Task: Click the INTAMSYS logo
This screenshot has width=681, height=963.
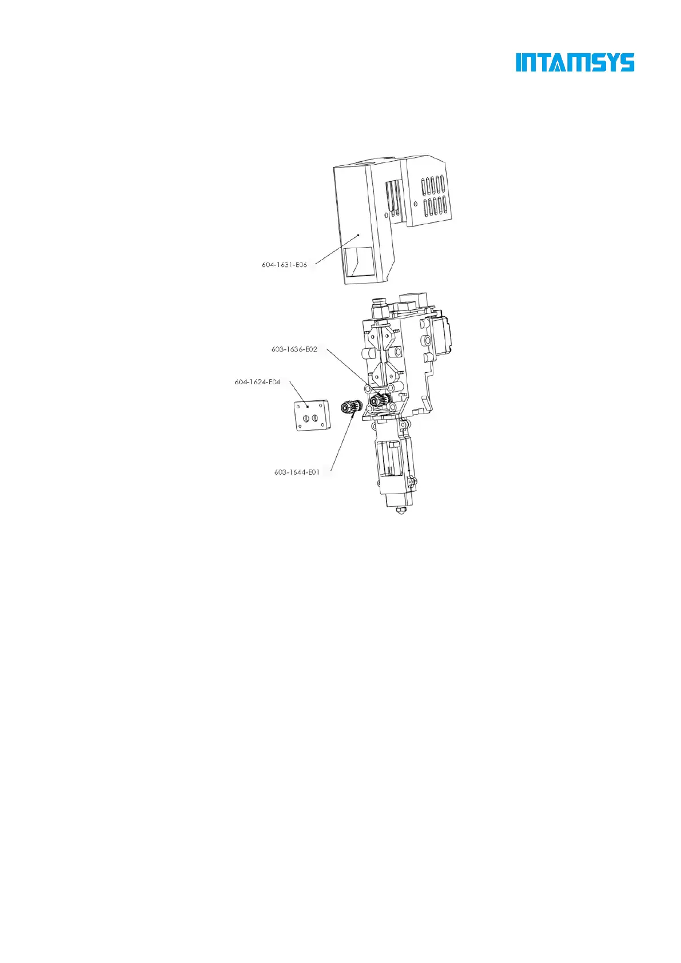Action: click(x=575, y=63)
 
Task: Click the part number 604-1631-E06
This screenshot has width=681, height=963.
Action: click(x=284, y=265)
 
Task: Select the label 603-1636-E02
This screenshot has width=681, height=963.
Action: click(x=294, y=349)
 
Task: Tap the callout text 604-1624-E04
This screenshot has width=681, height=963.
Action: click(x=257, y=381)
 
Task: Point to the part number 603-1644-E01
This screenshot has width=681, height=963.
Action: click(x=297, y=472)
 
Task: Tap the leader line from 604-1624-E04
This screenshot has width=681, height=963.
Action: click(x=298, y=394)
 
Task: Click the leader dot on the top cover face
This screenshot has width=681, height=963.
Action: click(x=359, y=234)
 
